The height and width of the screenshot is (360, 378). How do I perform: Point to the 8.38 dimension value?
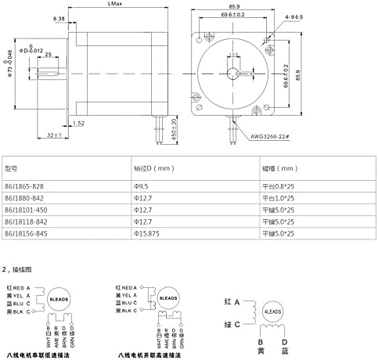[x=59, y=17]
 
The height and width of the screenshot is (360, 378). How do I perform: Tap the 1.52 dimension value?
[x=78, y=123]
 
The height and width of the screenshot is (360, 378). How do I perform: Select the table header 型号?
[x=11, y=167]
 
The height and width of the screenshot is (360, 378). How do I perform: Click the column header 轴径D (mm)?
[x=153, y=167]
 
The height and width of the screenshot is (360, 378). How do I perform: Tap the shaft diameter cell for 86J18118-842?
[x=143, y=222]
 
